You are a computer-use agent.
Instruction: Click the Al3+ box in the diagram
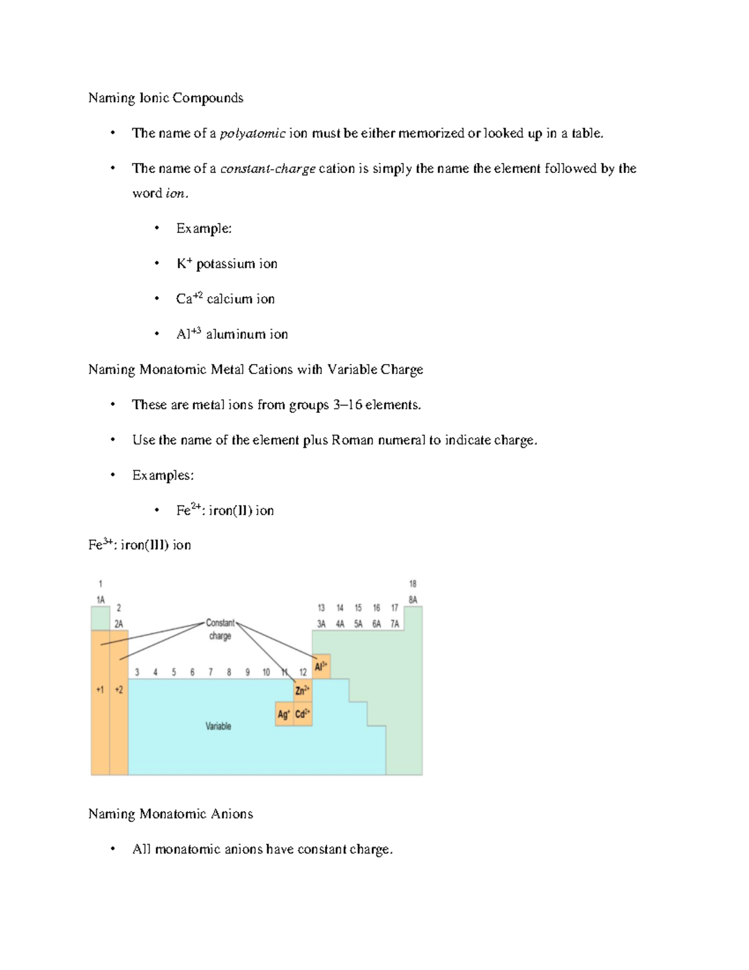[x=321, y=666]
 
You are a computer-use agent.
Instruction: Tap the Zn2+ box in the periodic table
[x=303, y=690]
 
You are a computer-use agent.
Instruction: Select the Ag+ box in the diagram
[x=284, y=714]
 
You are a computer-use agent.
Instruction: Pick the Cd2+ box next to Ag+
[x=303, y=714]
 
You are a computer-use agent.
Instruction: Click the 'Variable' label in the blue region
[x=218, y=726]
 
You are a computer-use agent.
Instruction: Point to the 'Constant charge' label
[x=220, y=629]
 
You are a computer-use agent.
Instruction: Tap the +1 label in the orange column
[x=100, y=690]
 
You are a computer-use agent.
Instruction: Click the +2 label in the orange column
[x=119, y=690]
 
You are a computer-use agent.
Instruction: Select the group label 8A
[x=413, y=600]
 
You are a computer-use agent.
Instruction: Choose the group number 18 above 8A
[x=413, y=583]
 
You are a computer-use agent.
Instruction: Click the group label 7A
[x=394, y=623]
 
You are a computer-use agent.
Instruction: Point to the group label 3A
[x=321, y=623]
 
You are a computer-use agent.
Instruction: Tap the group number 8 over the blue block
[x=229, y=672]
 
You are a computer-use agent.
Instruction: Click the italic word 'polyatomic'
[x=252, y=133]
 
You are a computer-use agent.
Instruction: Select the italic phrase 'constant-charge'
[x=267, y=169]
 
